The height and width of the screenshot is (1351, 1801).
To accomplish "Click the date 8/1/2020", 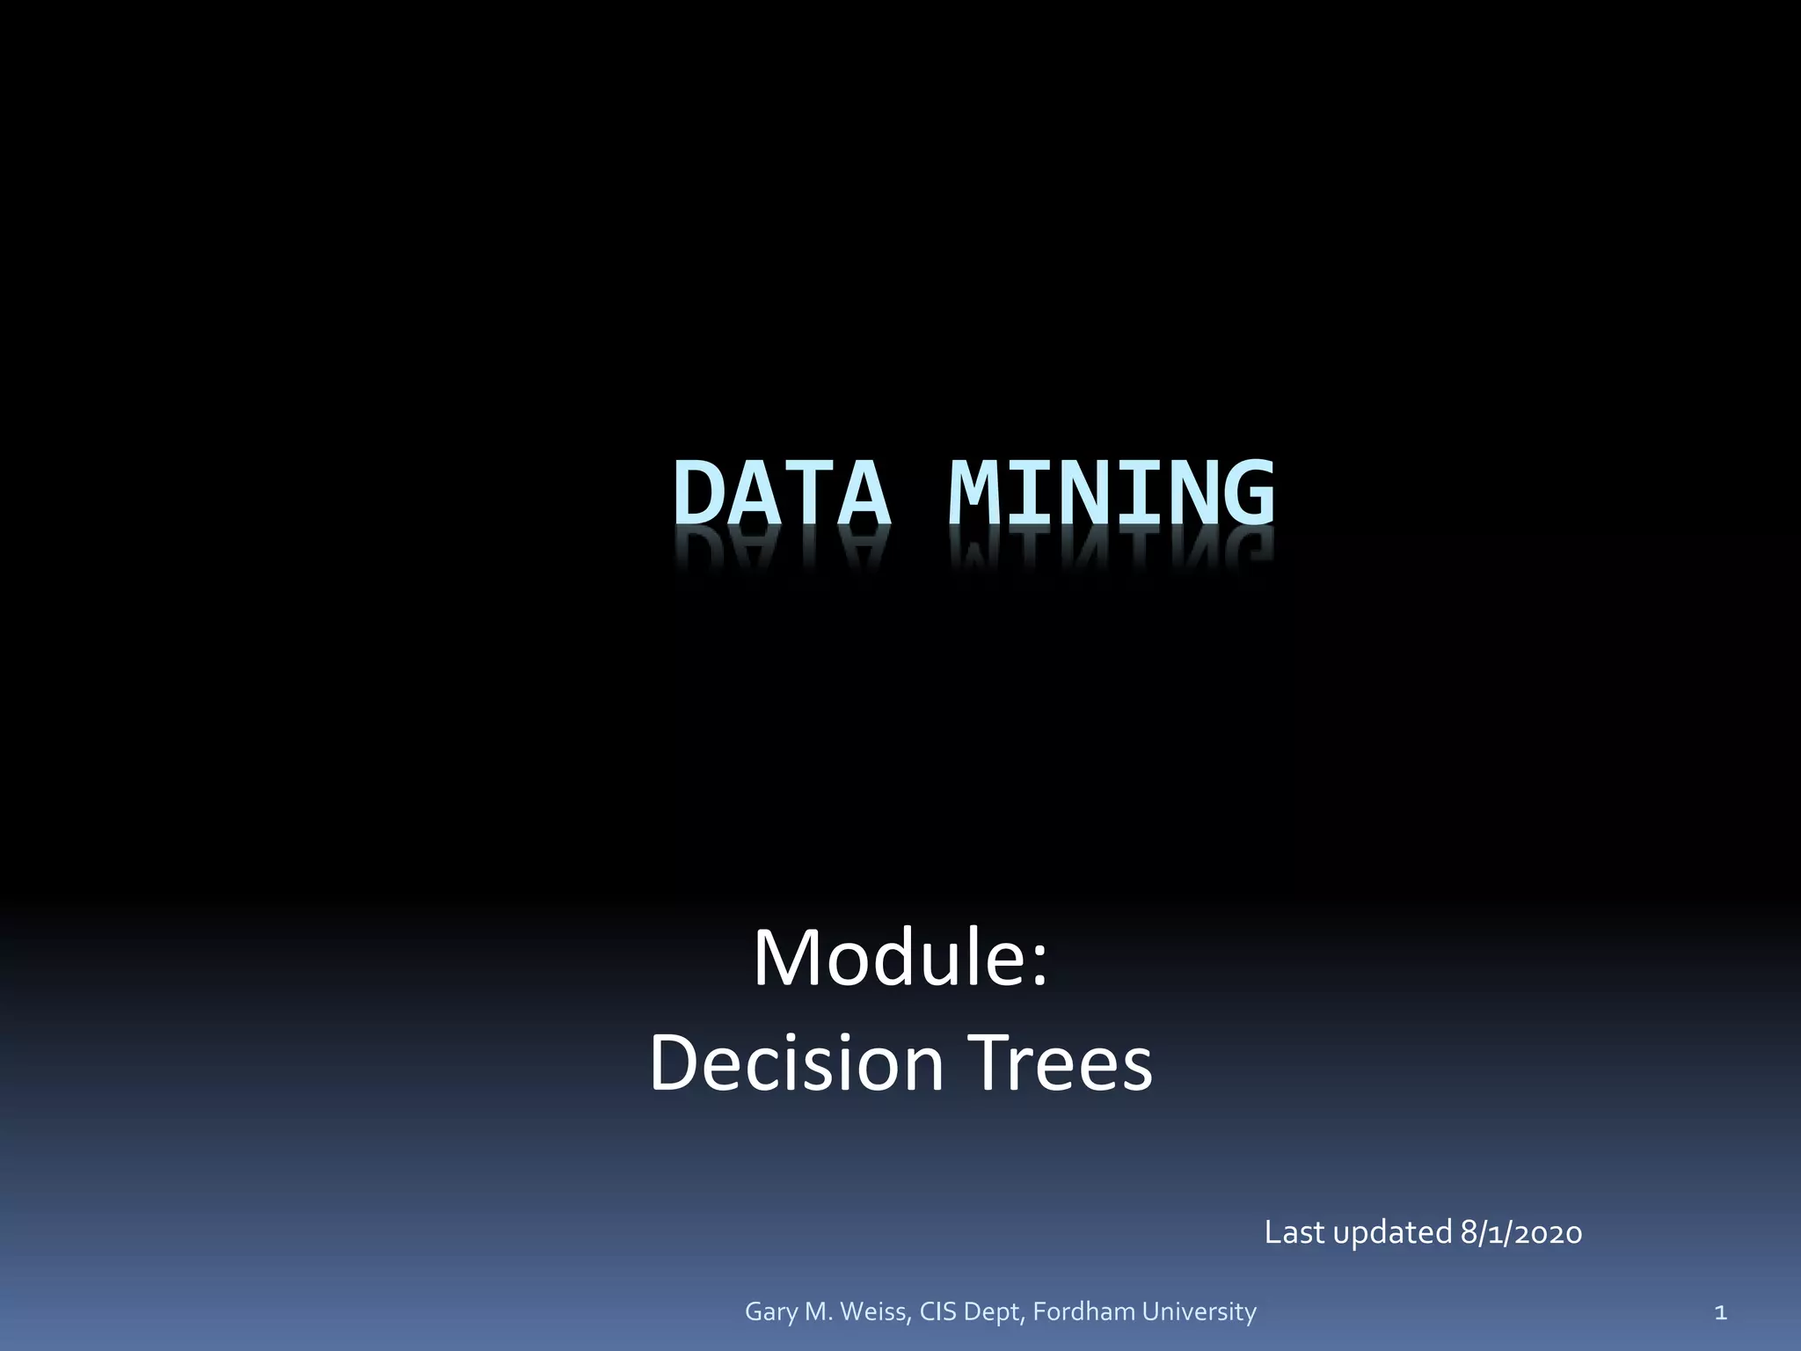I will coord(1521,1232).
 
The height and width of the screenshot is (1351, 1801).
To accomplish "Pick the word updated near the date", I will coord(1392,1233).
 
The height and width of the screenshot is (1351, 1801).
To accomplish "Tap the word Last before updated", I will coord(1294,1232).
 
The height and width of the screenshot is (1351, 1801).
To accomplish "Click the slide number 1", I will coord(1721,1313).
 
